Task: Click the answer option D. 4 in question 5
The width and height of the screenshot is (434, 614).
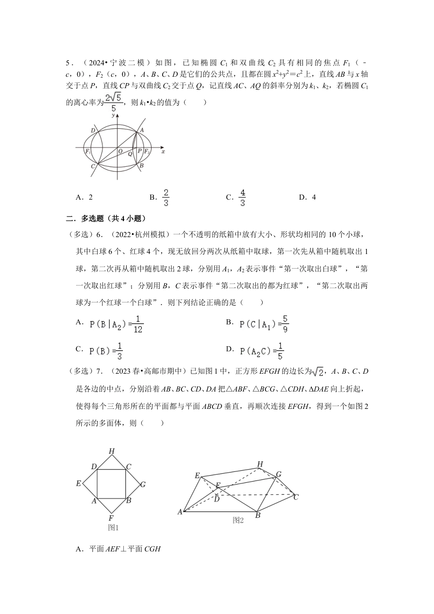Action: pos(308,197)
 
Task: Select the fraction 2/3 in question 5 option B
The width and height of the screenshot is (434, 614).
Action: pos(166,197)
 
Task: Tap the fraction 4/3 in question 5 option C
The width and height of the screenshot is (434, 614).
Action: pos(242,197)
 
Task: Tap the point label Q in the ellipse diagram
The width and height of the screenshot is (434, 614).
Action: pos(130,154)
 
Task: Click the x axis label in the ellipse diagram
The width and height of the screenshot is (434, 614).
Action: pos(163,151)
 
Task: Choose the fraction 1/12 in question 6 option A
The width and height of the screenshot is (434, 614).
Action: pos(138,324)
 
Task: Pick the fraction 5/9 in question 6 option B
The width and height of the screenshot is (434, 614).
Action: pos(285,323)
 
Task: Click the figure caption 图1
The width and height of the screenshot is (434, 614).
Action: pos(113,528)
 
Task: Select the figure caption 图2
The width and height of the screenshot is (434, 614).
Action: pos(238,520)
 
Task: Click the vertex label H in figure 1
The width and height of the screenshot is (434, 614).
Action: pos(111,451)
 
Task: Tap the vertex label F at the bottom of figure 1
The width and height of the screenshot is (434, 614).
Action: pos(111,518)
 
